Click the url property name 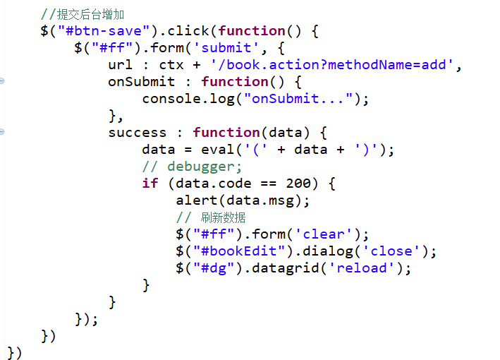click(121, 65)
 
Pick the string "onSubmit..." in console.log click(298, 99)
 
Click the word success click(138, 133)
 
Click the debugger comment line click(192, 167)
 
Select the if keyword click(150, 184)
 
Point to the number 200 click(298, 184)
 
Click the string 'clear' click(324, 234)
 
